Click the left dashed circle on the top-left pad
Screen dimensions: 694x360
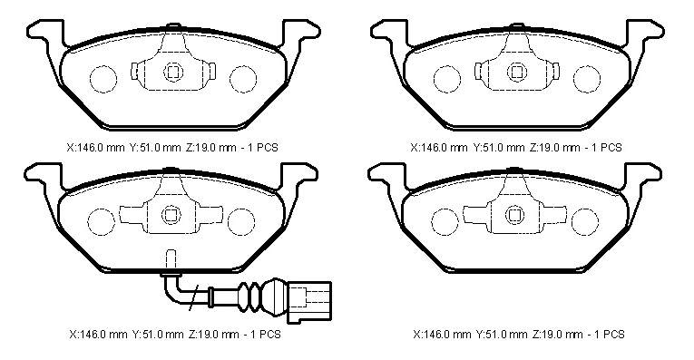103,79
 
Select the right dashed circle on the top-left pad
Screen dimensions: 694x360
243,79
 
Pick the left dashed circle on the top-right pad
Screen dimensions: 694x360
447,79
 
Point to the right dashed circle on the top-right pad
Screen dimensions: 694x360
587,79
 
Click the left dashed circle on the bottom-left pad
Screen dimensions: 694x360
102,221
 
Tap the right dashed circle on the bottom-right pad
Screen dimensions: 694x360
584,221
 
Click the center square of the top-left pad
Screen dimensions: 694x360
172,72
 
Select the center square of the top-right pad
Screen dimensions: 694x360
516,72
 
